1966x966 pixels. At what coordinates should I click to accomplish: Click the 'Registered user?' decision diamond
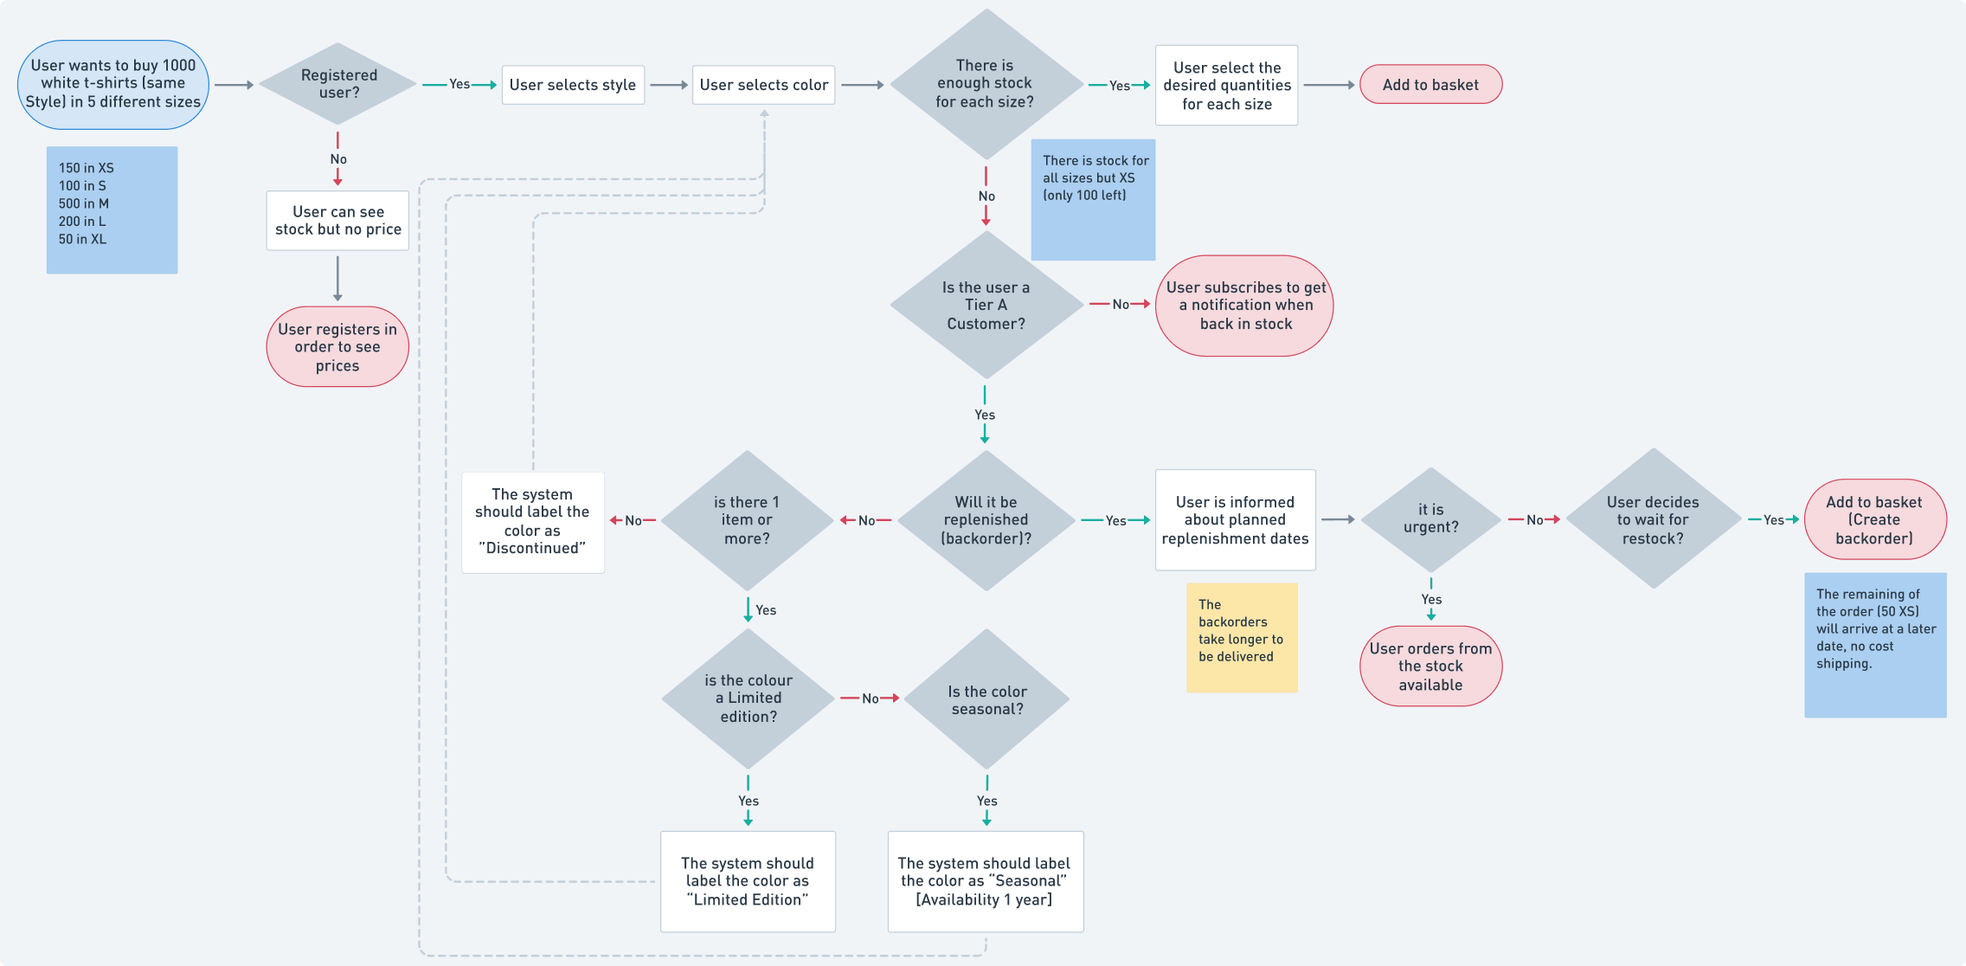click(x=338, y=84)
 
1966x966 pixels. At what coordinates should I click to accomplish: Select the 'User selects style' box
click(x=573, y=85)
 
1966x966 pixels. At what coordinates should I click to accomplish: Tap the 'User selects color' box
click(x=763, y=85)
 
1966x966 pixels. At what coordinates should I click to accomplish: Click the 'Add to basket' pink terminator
click(x=1430, y=85)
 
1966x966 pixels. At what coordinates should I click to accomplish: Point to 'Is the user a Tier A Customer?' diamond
click(x=986, y=305)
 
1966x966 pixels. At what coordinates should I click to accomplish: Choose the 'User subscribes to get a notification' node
click(x=1244, y=305)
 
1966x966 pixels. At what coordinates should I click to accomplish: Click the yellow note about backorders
click(x=1241, y=637)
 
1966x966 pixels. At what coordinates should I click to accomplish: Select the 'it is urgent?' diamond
click(x=1430, y=519)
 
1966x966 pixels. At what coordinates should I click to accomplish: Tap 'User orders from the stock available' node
click(x=1430, y=666)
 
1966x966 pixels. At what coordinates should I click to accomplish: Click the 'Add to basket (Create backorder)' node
click(x=1874, y=519)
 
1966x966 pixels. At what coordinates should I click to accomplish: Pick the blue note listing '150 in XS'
click(x=112, y=209)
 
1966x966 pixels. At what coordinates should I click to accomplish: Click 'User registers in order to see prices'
click(x=337, y=346)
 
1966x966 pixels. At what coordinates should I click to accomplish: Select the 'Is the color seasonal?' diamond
click(x=986, y=699)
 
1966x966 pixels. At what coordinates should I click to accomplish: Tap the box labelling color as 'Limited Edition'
click(x=748, y=881)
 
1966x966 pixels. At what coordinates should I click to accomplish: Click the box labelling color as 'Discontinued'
click(x=532, y=521)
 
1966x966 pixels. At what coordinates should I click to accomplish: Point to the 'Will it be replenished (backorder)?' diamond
click(x=986, y=520)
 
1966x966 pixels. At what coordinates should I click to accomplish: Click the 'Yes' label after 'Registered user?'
click(x=459, y=84)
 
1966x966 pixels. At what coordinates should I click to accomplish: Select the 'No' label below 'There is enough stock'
click(x=986, y=196)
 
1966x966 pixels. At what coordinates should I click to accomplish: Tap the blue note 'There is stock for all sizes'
click(x=1093, y=199)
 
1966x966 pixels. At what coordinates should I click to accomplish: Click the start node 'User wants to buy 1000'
click(x=113, y=84)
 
